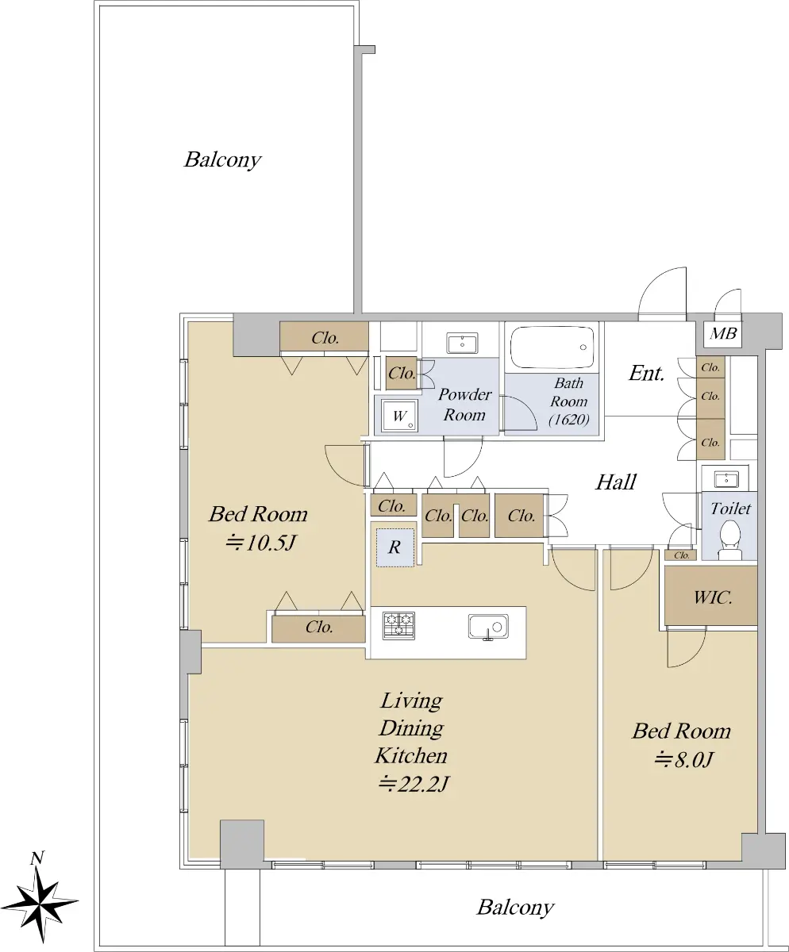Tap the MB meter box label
point(723,334)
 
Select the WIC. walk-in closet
point(710,595)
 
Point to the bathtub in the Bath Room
point(552,347)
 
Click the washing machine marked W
point(400,415)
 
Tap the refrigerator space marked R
point(395,547)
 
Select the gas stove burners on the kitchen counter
point(398,625)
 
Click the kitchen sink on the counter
point(488,627)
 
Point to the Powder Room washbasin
point(462,343)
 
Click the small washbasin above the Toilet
point(725,480)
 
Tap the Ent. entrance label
point(647,374)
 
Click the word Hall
point(616,482)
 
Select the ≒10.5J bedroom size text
point(261,543)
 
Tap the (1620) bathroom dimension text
point(569,420)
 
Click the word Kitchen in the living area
point(411,756)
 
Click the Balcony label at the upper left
point(223,160)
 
